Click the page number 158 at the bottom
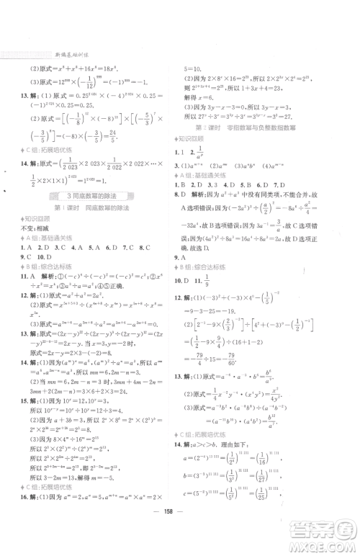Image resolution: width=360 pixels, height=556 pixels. pos(179,542)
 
